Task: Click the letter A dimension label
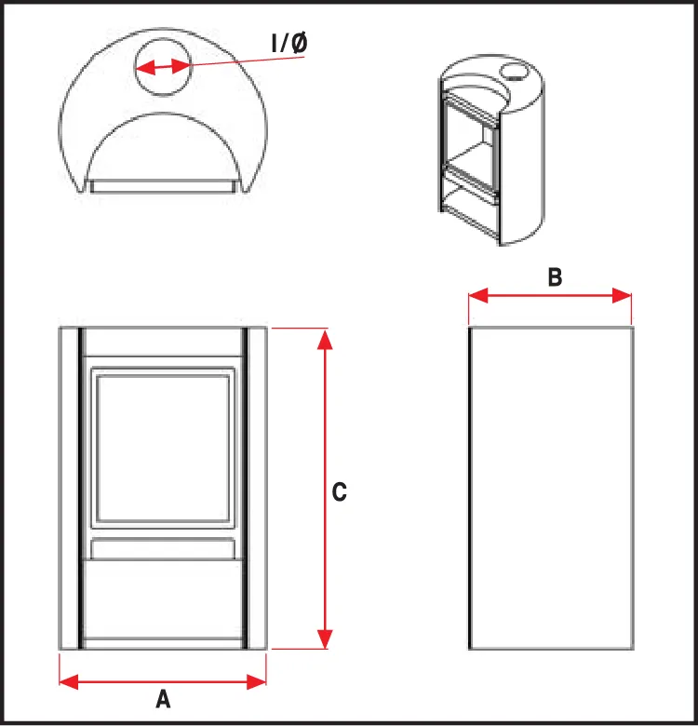click(x=163, y=699)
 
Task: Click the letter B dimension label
click(x=555, y=277)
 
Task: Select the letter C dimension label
click(x=340, y=491)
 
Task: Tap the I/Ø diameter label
click(x=289, y=43)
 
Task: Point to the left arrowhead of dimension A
click(x=69, y=681)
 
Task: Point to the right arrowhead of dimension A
click(x=257, y=681)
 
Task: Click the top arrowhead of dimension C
click(x=325, y=339)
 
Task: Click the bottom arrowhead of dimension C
click(x=325, y=639)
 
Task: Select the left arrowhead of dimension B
click(x=478, y=295)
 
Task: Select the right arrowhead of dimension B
click(x=622, y=295)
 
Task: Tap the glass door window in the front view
click(x=163, y=448)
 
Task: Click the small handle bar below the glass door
click(x=163, y=548)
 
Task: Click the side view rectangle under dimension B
click(x=551, y=488)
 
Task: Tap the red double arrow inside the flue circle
click(x=163, y=68)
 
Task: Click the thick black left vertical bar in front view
click(x=81, y=488)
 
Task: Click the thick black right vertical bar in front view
click(x=245, y=488)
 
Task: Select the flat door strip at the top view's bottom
click(x=163, y=186)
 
